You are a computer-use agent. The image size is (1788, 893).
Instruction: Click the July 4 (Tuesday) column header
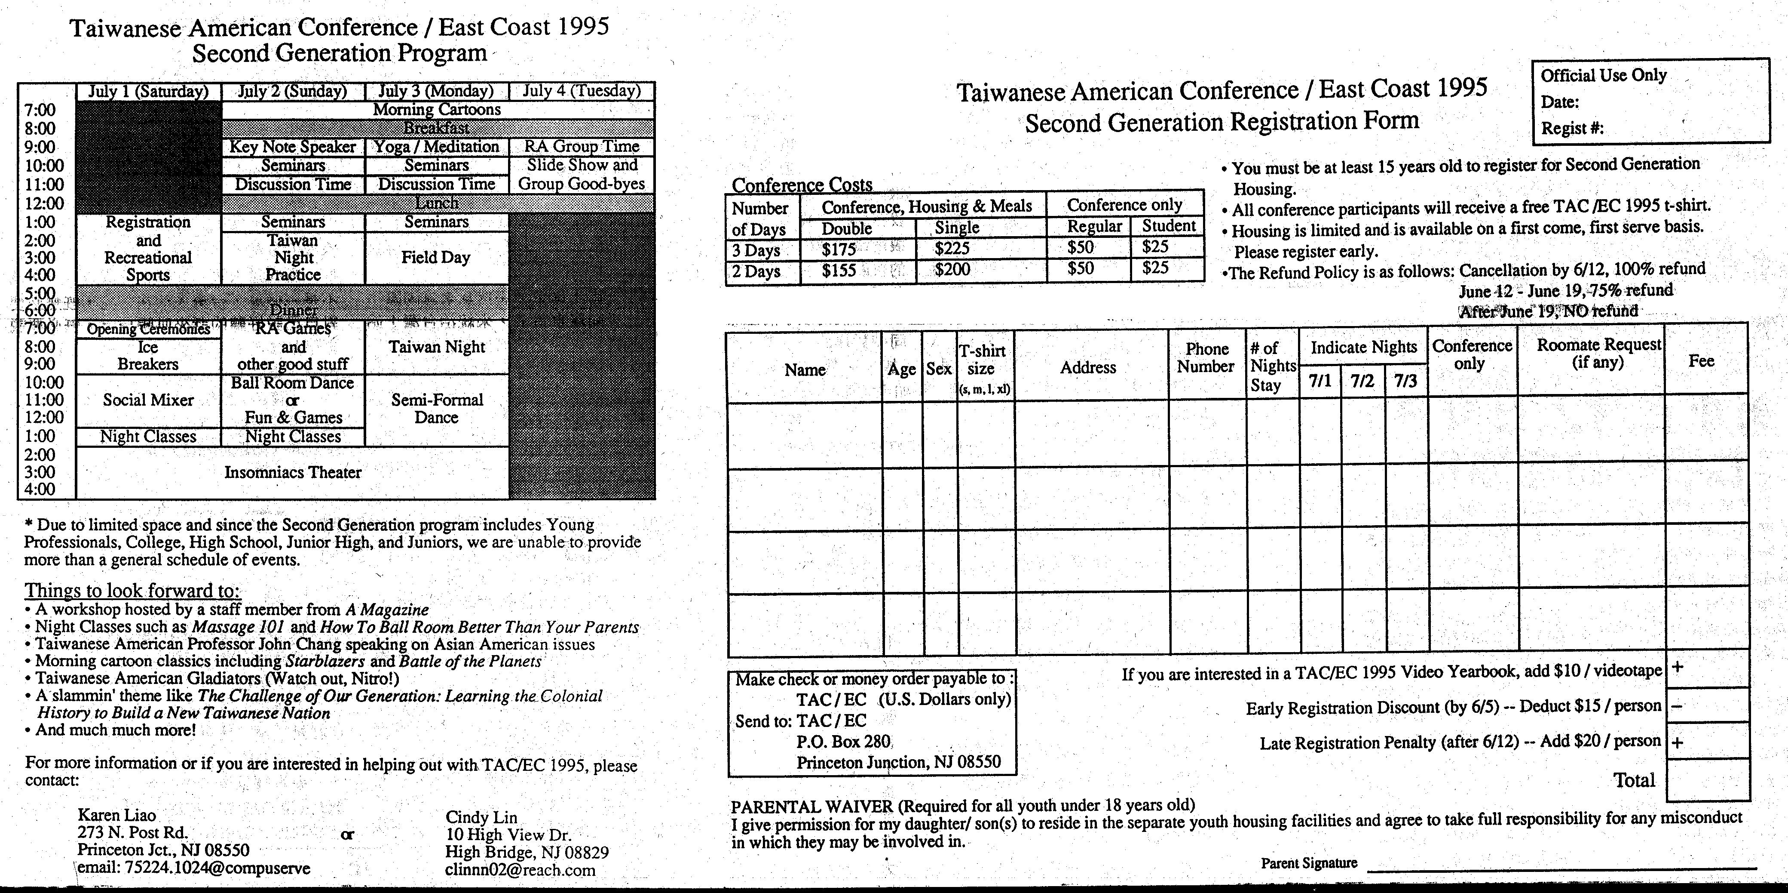581,91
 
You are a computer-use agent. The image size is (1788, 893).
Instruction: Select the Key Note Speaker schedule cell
292,147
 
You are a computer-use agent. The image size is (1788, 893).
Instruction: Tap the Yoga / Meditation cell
437,147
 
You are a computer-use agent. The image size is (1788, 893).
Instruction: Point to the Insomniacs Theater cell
292,473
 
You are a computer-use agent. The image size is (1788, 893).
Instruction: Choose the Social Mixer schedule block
148,400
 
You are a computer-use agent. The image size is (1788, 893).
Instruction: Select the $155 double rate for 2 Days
839,270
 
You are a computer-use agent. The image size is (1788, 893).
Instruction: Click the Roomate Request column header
1598,354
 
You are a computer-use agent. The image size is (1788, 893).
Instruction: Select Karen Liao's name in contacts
116,815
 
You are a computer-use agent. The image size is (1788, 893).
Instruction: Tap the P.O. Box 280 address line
842,742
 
